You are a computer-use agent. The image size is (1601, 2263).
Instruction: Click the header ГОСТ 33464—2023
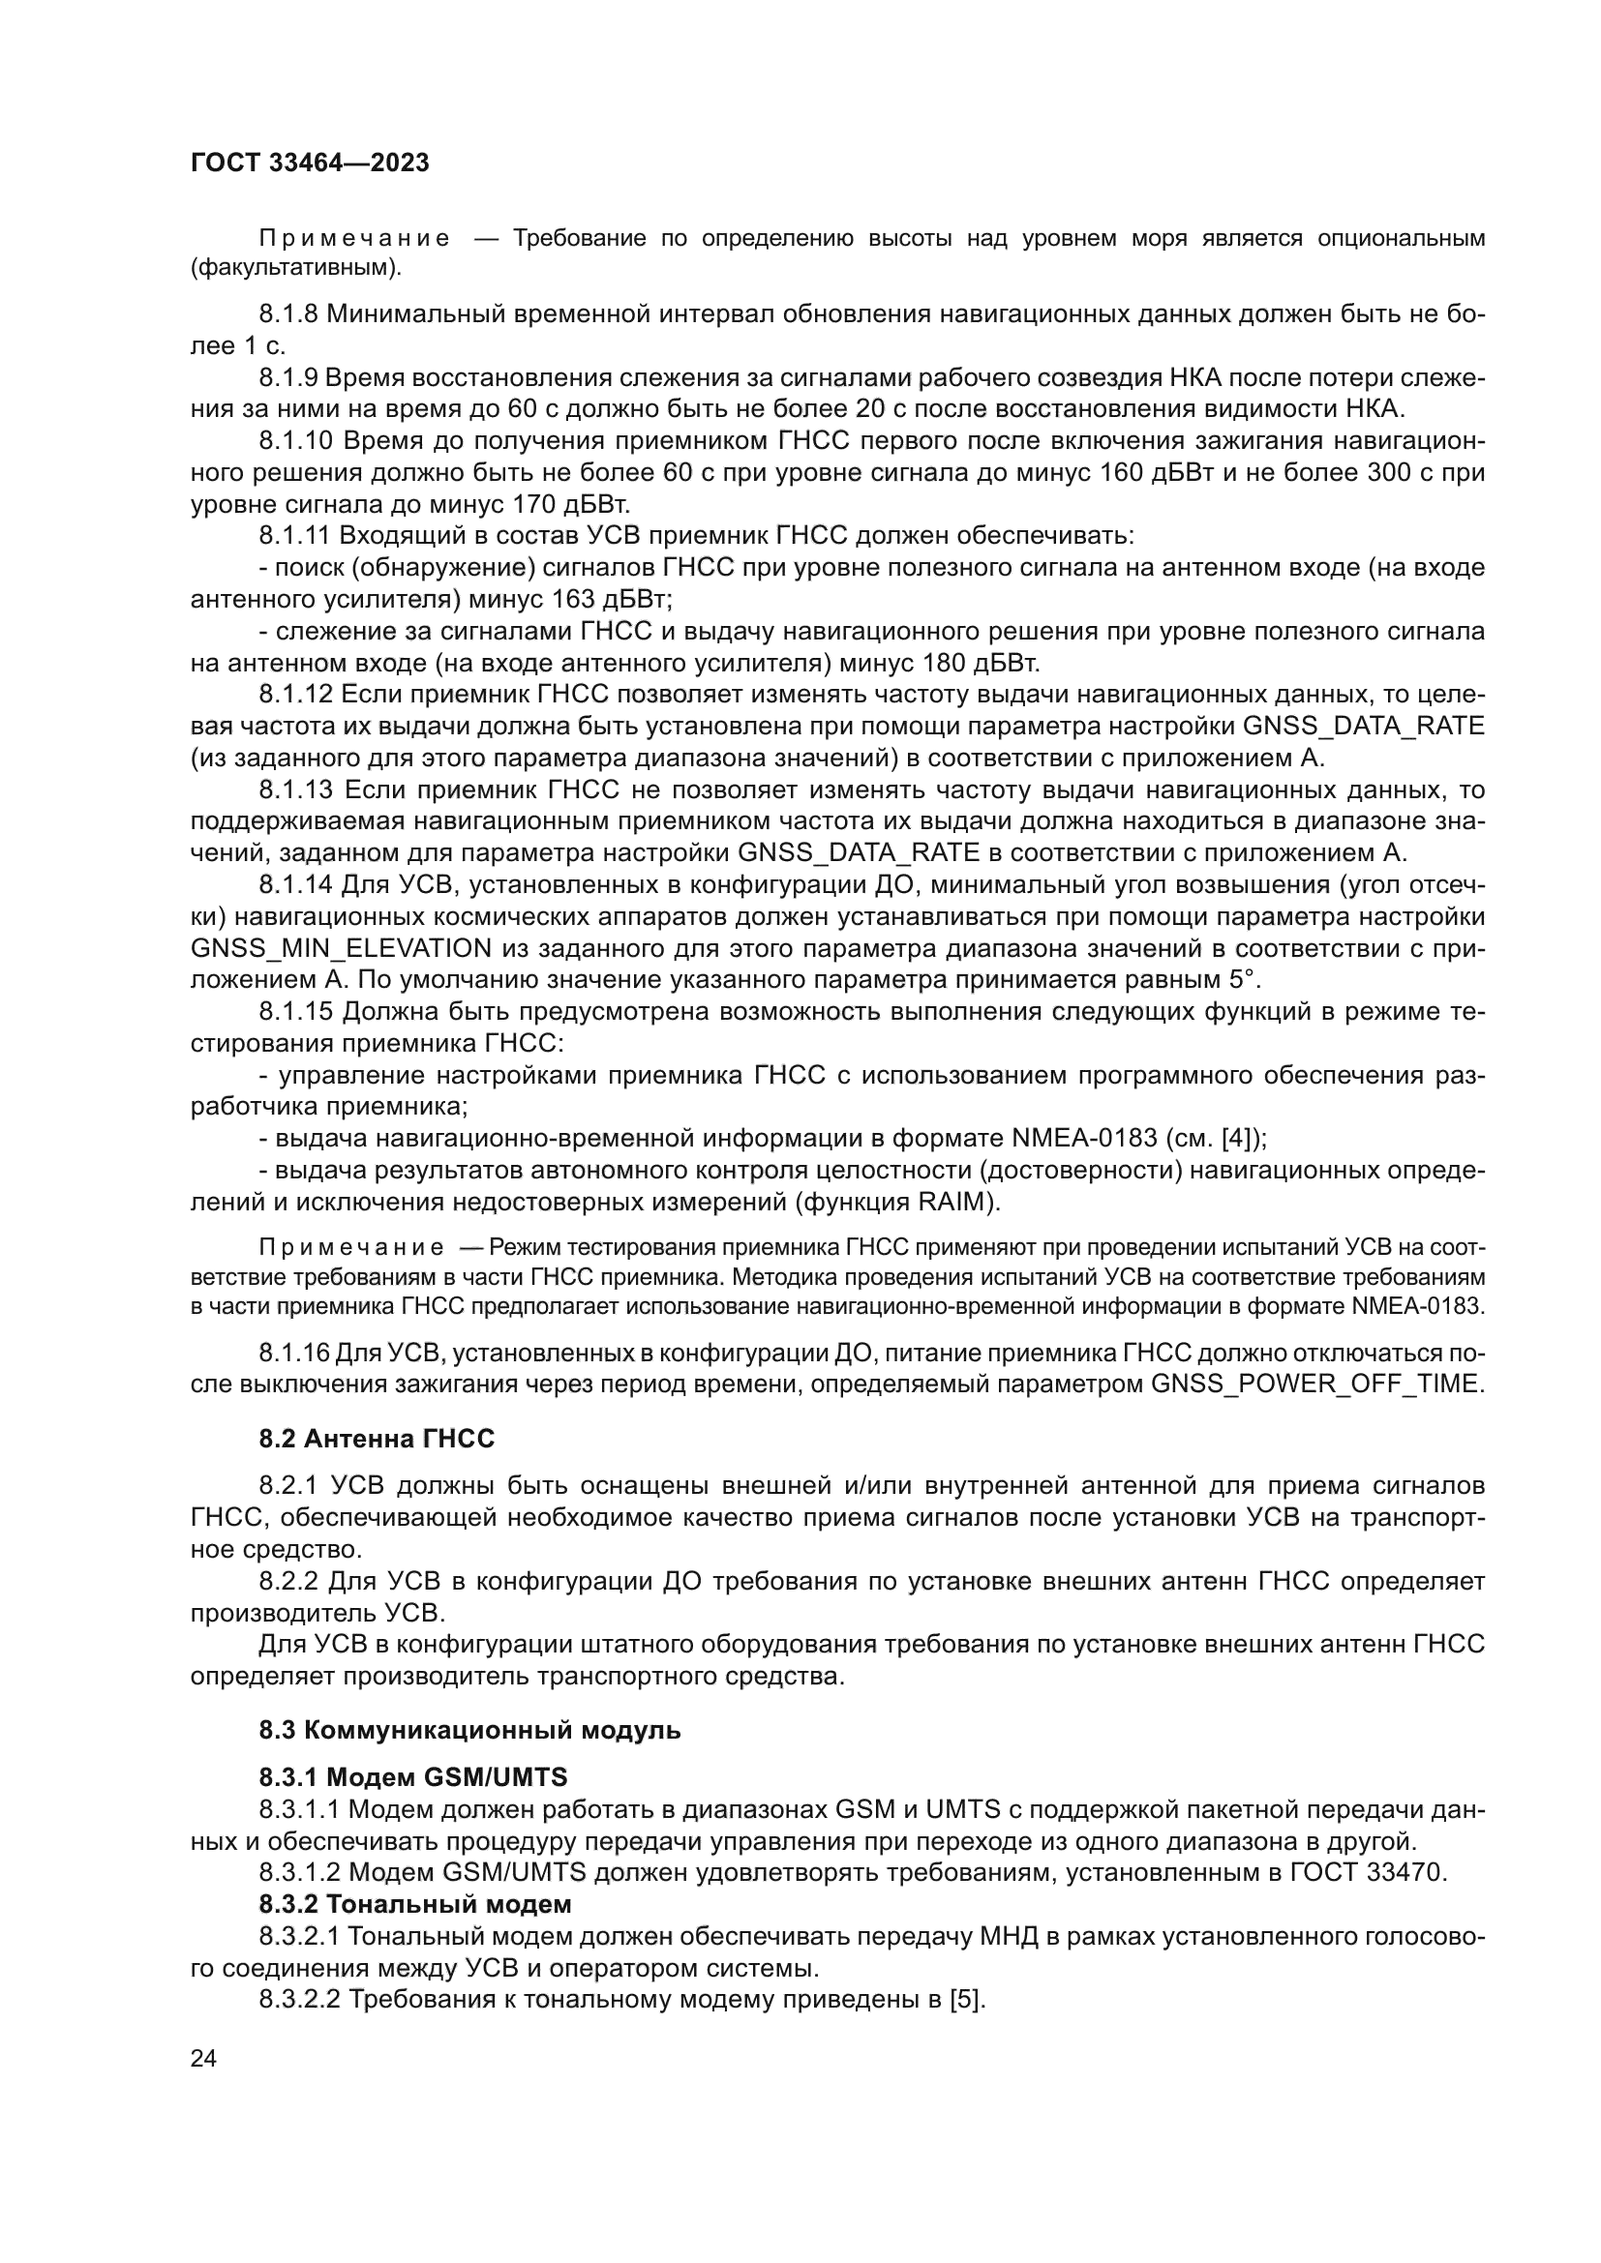click(x=310, y=164)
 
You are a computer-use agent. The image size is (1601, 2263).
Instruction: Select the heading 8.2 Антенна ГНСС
click(x=377, y=1439)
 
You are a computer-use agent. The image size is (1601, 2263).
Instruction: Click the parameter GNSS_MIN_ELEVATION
click(x=341, y=948)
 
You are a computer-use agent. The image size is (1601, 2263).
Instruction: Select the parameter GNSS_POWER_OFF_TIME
click(x=1316, y=1384)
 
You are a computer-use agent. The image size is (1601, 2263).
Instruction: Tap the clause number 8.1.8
click(x=288, y=315)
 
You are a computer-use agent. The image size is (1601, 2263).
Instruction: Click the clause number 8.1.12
click(x=296, y=695)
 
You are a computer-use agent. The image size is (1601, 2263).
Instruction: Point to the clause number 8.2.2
click(x=288, y=1582)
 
